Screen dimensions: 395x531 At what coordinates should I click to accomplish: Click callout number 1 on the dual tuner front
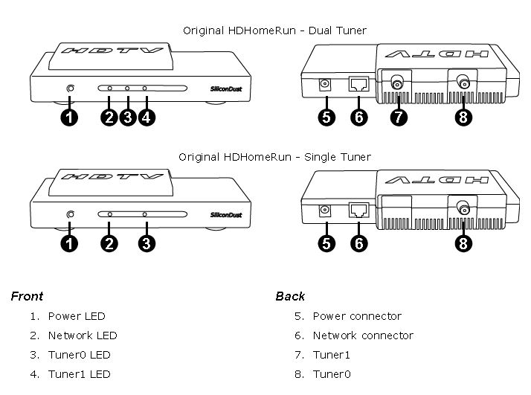pyautogui.click(x=69, y=118)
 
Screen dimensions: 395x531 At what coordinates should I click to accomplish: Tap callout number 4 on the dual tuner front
pyautogui.click(x=147, y=118)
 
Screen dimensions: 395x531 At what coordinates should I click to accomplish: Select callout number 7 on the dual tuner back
pyautogui.click(x=399, y=118)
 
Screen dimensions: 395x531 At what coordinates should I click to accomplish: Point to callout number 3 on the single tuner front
pyautogui.click(x=147, y=244)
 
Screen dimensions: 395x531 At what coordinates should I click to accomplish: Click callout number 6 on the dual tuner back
pyautogui.click(x=359, y=118)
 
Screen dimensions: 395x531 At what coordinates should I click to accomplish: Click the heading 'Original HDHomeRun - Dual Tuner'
pyautogui.click(x=274, y=30)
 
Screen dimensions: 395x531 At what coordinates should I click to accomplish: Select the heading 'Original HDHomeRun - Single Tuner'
pyautogui.click(x=274, y=157)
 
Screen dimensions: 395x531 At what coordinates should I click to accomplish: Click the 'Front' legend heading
pyautogui.click(x=27, y=296)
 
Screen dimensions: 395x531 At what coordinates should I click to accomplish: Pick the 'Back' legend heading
pyautogui.click(x=290, y=296)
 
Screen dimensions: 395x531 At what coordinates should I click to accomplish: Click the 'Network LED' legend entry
pyautogui.click(x=83, y=335)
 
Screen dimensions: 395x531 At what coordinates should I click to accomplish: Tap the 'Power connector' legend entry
pyautogui.click(x=357, y=316)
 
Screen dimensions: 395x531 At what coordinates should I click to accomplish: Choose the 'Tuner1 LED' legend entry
pyautogui.click(x=79, y=374)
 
